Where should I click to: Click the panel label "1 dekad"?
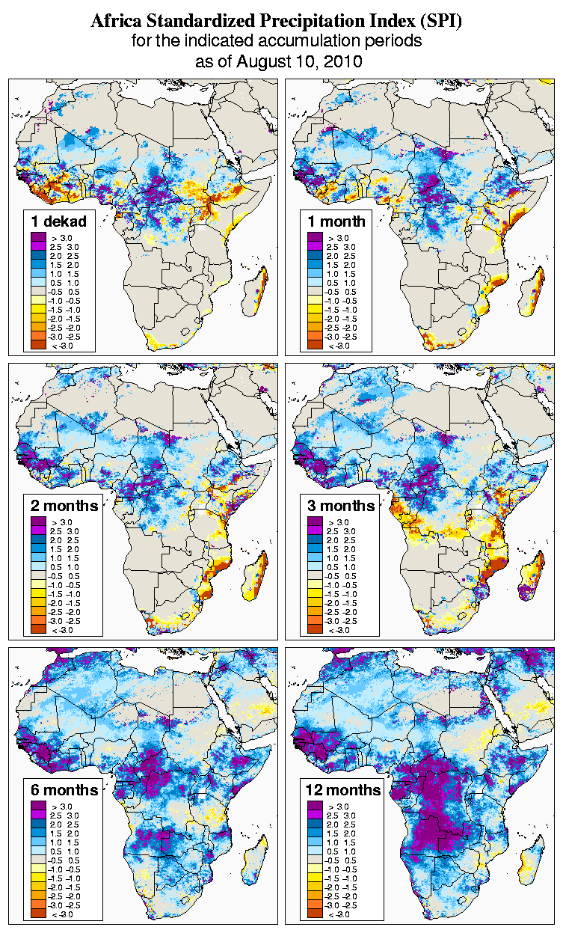click(x=59, y=221)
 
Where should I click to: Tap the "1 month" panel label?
click(x=336, y=221)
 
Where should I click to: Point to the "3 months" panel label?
click(x=341, y=506)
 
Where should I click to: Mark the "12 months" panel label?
click(x=343, y=790)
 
